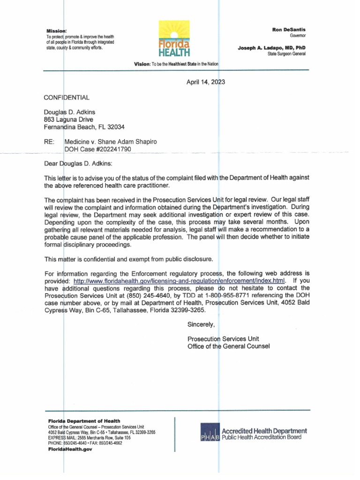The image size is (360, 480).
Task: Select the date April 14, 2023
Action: point(206,82)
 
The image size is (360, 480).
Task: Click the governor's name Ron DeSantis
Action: point(289,30)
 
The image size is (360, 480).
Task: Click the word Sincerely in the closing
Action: point(201,324)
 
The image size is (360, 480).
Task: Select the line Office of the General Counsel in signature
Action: point(228,346)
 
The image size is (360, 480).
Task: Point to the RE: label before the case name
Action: point(49,141)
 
